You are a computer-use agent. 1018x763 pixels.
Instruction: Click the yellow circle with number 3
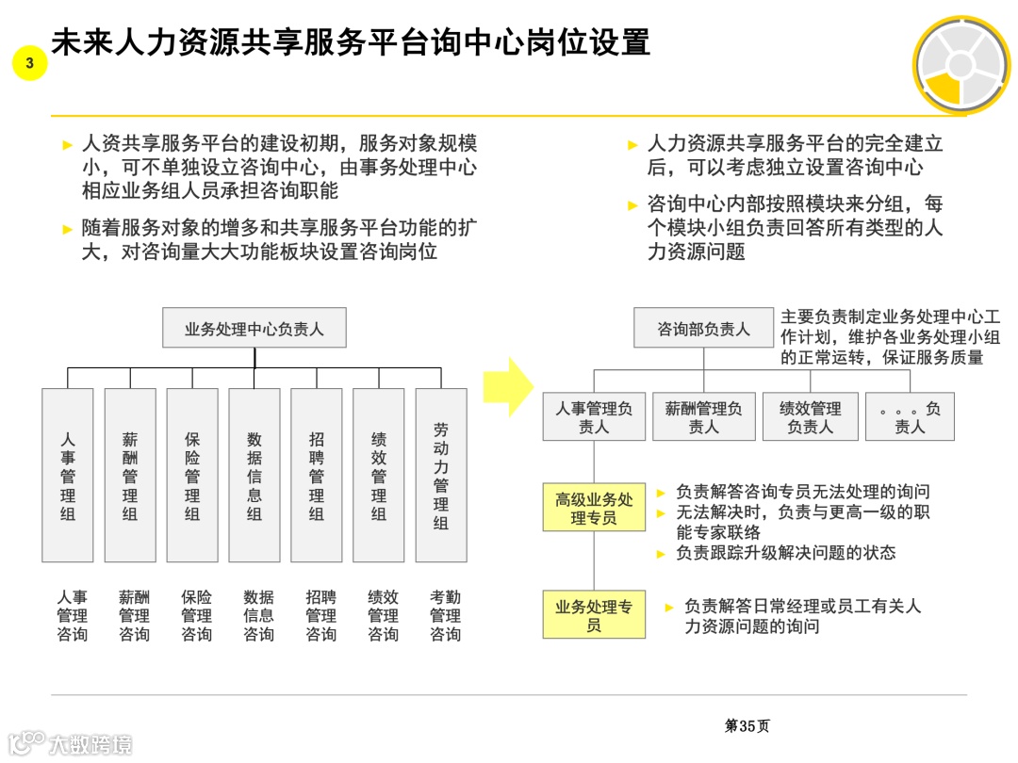coord(30,64)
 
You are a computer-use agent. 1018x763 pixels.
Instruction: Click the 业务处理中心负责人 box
coord(254,329)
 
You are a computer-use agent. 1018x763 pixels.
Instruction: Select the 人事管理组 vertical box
coord(68,475)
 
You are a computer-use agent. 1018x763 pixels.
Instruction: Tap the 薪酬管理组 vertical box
coord(130,475)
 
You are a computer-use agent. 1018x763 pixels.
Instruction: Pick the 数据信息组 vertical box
coord(254,475)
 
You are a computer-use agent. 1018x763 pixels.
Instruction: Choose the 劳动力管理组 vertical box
coord(441,475)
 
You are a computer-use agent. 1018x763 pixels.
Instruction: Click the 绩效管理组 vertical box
coord(379,475)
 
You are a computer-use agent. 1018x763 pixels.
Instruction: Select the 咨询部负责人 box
coord(703,329)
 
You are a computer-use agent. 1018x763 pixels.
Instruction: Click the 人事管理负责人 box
coord(594,417)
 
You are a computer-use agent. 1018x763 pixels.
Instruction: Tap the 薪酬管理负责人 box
coord(703,417)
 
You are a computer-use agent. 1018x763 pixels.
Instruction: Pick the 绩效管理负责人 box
coord(811,417)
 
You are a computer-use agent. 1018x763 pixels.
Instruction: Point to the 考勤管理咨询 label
coord(445,615)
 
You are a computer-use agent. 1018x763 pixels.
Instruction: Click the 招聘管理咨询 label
coord(320,615)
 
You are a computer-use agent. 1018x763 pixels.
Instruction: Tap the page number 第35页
coord(747,725)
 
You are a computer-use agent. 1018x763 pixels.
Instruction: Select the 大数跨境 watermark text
coord(90,743)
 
